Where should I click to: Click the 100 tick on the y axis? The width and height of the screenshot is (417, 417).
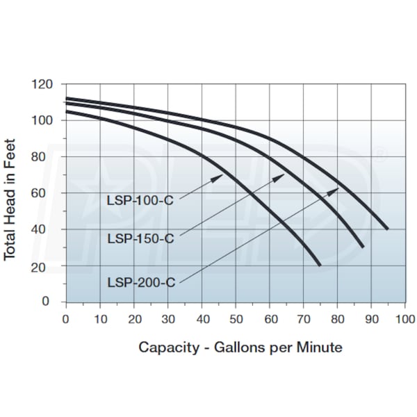(42, 120)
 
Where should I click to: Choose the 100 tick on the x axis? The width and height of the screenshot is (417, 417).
(405, 319)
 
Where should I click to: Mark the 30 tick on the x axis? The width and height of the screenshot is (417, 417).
(167, 319)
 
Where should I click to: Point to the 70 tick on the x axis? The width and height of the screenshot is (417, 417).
(303, 319)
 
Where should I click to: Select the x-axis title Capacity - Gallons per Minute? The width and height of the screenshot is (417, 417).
(240, 347)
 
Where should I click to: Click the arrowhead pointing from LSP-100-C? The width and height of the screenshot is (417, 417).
(220, 177)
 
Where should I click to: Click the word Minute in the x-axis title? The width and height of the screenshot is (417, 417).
(320, 347)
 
